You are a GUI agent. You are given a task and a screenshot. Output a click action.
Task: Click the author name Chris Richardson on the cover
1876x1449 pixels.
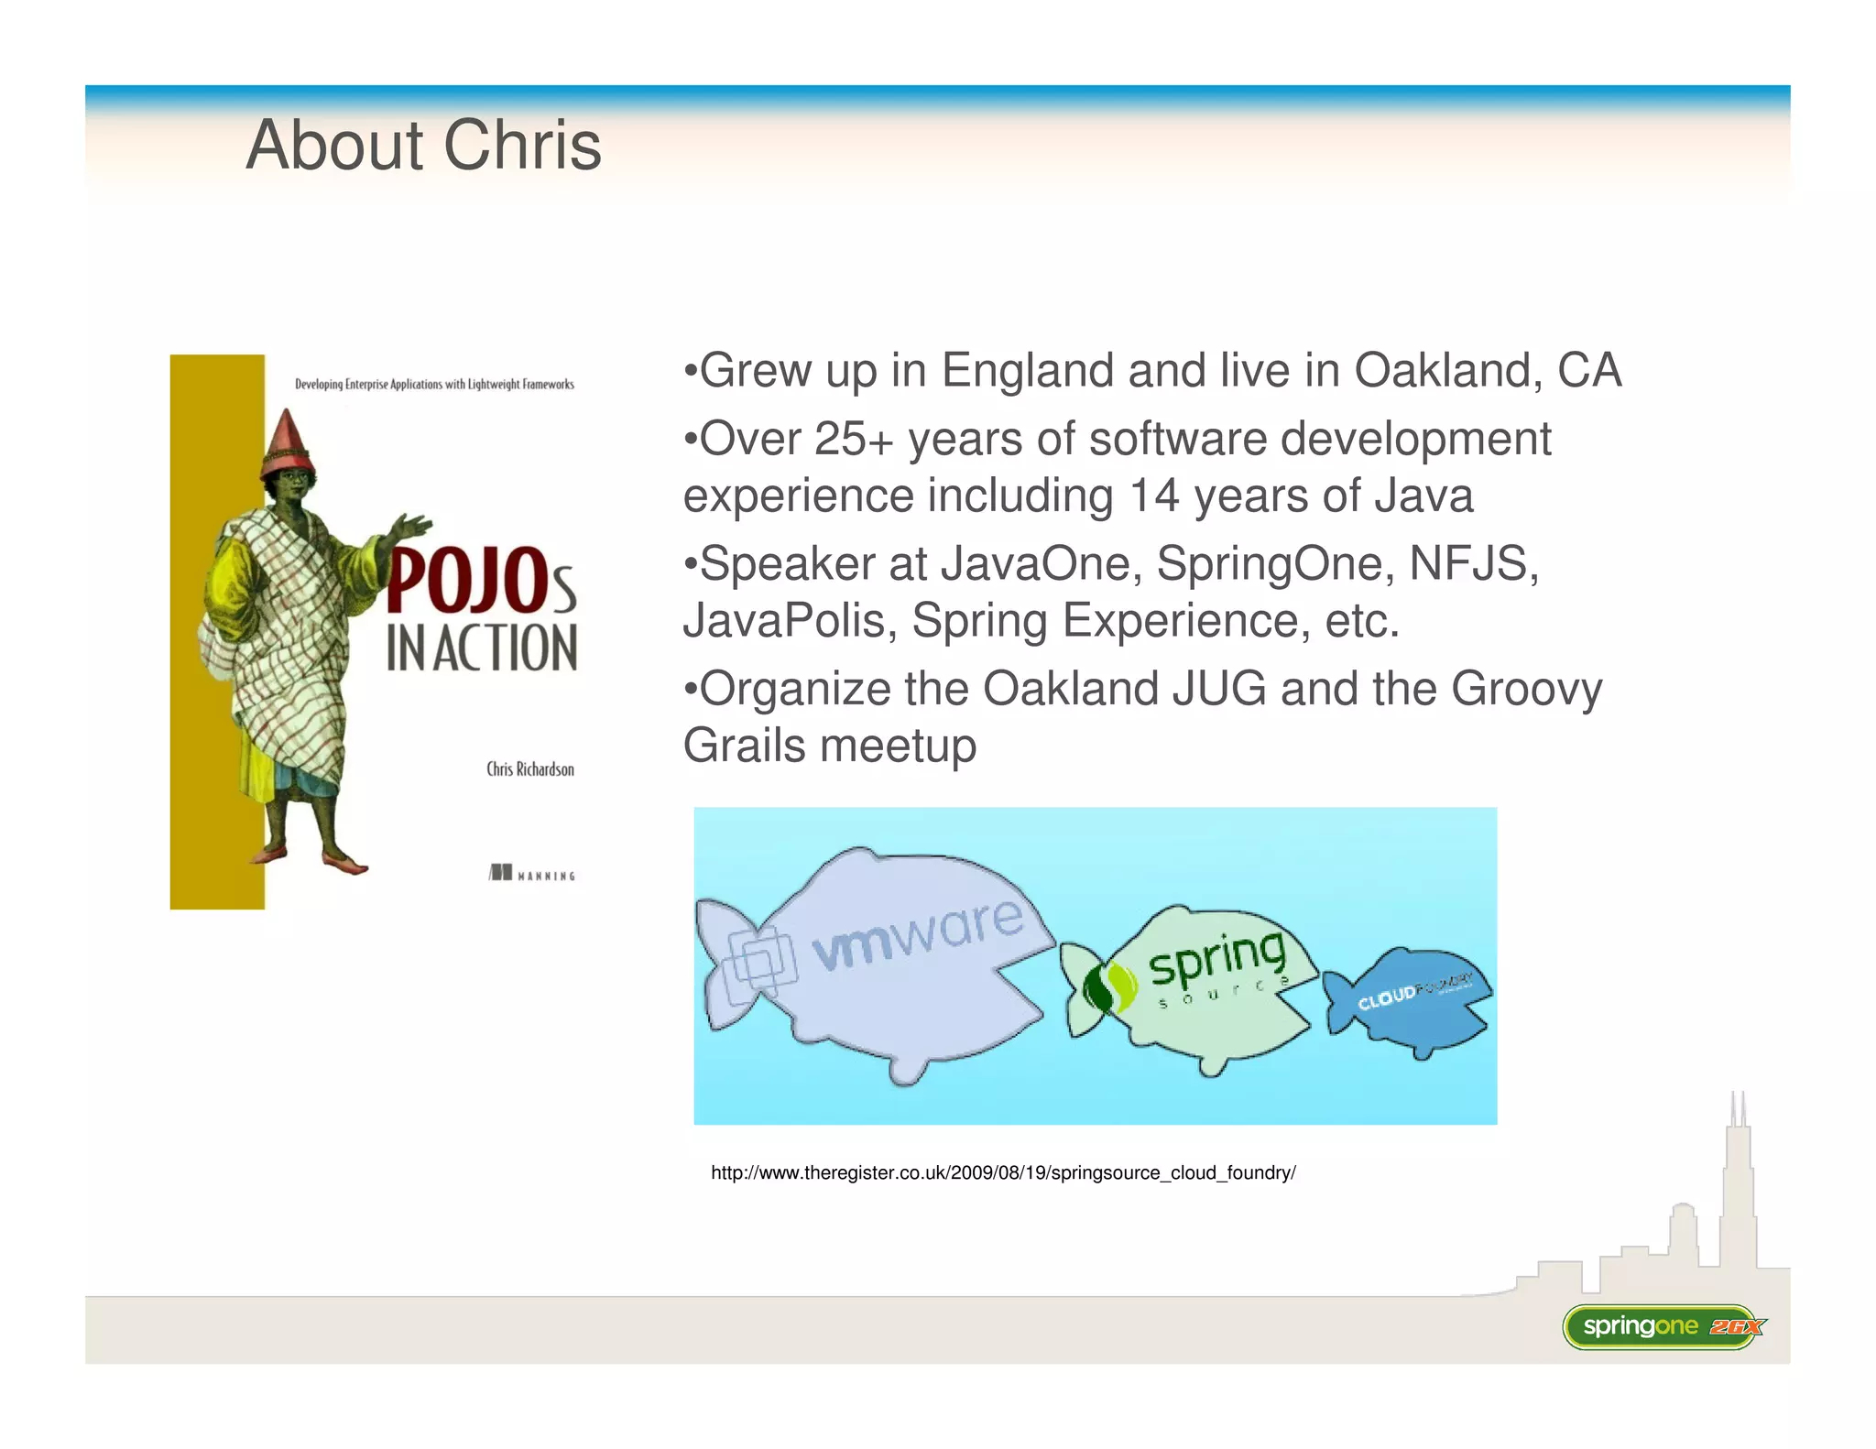pos(530,769)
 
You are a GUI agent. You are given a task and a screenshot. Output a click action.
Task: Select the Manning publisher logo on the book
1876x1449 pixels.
pos(531,873)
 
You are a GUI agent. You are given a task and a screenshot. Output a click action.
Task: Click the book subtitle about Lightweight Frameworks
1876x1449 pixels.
pos(434,385)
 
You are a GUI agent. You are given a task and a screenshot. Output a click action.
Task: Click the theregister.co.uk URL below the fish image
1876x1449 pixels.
pos(1003,1173)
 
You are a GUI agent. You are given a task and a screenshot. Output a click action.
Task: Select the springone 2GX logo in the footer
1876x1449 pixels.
pos(1662,1326)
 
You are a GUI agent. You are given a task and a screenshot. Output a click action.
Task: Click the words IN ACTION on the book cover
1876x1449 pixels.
pos(482,648)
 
